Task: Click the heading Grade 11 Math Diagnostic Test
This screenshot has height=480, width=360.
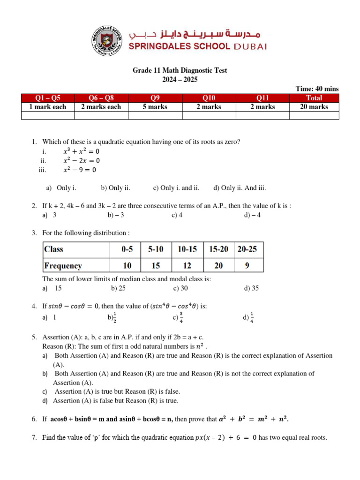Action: click(180, 70)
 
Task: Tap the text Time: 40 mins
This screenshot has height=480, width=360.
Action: click(317, 89)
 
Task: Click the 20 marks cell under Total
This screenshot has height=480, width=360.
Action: click(314, 107)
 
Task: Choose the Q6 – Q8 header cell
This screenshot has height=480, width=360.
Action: click(101, 98)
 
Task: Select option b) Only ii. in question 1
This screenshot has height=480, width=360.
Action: click(115, 188)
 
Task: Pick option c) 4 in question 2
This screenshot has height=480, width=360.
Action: click(177, 215)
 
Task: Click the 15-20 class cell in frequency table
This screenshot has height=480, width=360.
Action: click(218, 249)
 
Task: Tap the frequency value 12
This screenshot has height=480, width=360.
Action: click(187, 266)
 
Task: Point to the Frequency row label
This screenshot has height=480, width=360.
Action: click(63, 266)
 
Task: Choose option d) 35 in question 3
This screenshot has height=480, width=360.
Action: click(251, 288)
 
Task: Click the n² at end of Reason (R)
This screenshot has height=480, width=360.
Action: click(200, 346)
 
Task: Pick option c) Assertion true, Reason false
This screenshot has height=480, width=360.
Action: click(117, 391)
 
